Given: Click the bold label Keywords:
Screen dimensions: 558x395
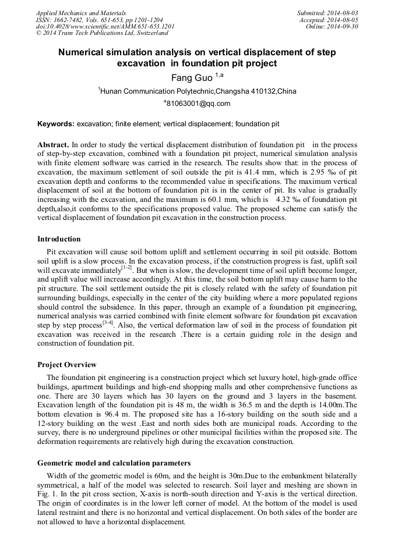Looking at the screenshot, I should point(56,124).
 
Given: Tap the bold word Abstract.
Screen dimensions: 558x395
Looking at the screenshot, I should point(54,144).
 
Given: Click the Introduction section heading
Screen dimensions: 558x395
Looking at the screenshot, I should point(59,239).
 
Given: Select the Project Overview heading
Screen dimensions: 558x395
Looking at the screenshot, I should point(67,365).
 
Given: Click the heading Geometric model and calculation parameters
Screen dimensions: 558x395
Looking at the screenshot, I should point(114,463).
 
